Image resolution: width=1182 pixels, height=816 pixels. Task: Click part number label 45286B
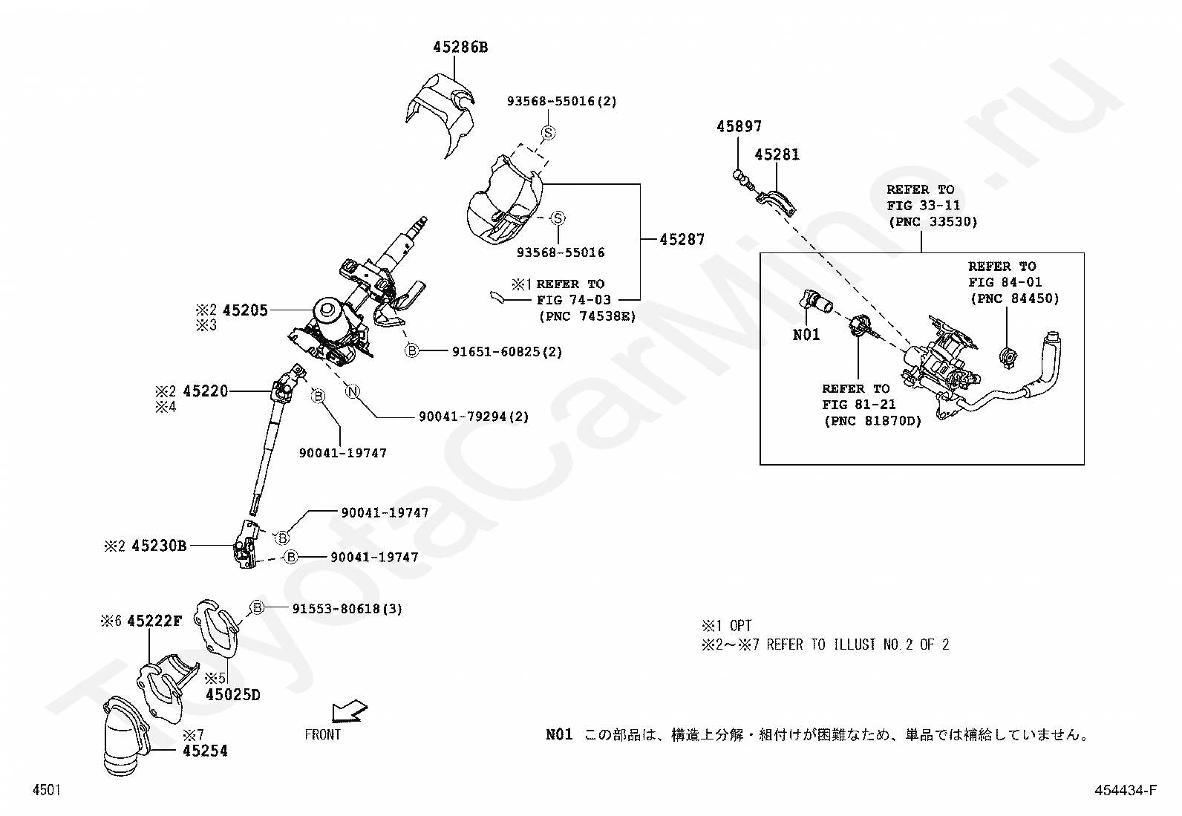460,48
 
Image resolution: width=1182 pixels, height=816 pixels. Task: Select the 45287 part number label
682,240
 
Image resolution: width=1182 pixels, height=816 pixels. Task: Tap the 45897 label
739,127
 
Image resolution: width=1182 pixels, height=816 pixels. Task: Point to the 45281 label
777,154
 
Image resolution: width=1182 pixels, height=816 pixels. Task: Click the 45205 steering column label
245,310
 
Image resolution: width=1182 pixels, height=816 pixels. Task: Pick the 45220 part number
205,391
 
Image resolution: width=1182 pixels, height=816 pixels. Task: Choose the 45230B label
159,546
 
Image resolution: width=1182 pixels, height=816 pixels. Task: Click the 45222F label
154,621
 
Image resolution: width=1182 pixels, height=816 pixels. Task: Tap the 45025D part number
232,695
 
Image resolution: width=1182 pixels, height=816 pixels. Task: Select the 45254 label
205,751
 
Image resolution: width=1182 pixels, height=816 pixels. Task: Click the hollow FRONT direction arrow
349,711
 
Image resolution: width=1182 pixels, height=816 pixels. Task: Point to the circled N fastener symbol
353,391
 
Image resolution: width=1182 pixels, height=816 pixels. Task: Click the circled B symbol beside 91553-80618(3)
257,608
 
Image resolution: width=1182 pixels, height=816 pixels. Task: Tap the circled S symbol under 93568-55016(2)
549,133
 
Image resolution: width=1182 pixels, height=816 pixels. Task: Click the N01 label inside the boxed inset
806,335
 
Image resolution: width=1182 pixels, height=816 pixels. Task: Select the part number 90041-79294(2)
474,417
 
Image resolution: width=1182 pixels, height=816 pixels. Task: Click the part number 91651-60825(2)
506,352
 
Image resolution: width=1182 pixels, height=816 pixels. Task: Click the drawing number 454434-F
1125,790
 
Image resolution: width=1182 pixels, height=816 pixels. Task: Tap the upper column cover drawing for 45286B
441,114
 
